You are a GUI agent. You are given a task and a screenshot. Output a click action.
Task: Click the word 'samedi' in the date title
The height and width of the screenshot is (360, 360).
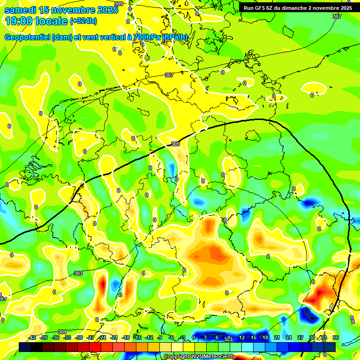point(20,10)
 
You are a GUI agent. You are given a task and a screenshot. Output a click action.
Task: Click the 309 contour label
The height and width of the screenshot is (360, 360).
point(119,4)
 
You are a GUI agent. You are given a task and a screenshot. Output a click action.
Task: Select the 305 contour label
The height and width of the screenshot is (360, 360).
point(175,144)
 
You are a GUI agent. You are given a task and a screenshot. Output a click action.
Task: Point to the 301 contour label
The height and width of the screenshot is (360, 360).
point(62,332)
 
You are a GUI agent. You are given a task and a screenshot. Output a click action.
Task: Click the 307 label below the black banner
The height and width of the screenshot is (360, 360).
point(337,16)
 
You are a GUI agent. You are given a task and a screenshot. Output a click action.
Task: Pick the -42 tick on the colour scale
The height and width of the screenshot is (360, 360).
point(32,338)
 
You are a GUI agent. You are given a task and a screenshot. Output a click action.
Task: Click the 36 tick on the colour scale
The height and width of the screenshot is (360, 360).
point(336,338)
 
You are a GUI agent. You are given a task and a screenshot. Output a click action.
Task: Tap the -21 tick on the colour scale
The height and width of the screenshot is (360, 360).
point(114,338)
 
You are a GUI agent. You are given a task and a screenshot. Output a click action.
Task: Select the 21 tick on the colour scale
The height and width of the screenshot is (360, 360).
point(277,338)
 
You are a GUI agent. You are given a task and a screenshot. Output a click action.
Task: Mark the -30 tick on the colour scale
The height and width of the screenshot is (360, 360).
point(79,338)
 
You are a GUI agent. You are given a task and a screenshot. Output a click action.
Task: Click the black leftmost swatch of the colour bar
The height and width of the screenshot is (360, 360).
point(24,347)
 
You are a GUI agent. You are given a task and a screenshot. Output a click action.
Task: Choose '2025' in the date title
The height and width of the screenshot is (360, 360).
point(108,10)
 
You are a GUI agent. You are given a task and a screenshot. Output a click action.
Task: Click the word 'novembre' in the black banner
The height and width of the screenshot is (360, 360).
point(324,8)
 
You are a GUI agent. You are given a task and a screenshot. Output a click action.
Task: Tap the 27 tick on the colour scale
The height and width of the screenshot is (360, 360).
point(300,338)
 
